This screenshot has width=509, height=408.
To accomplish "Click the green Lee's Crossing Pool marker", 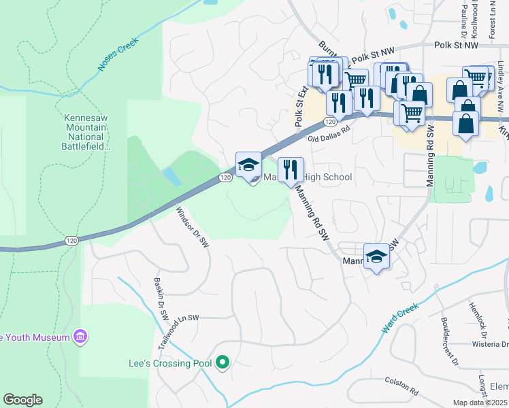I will (222, 364).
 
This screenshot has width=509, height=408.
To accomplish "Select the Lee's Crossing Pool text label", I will (169, 364).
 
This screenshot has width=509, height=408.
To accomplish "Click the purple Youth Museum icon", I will (80, 337).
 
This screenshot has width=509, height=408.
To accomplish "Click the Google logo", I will (22, 400).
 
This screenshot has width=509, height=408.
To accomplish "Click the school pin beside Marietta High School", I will (248, 165).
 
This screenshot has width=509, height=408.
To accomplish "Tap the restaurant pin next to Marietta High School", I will (291, 169).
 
